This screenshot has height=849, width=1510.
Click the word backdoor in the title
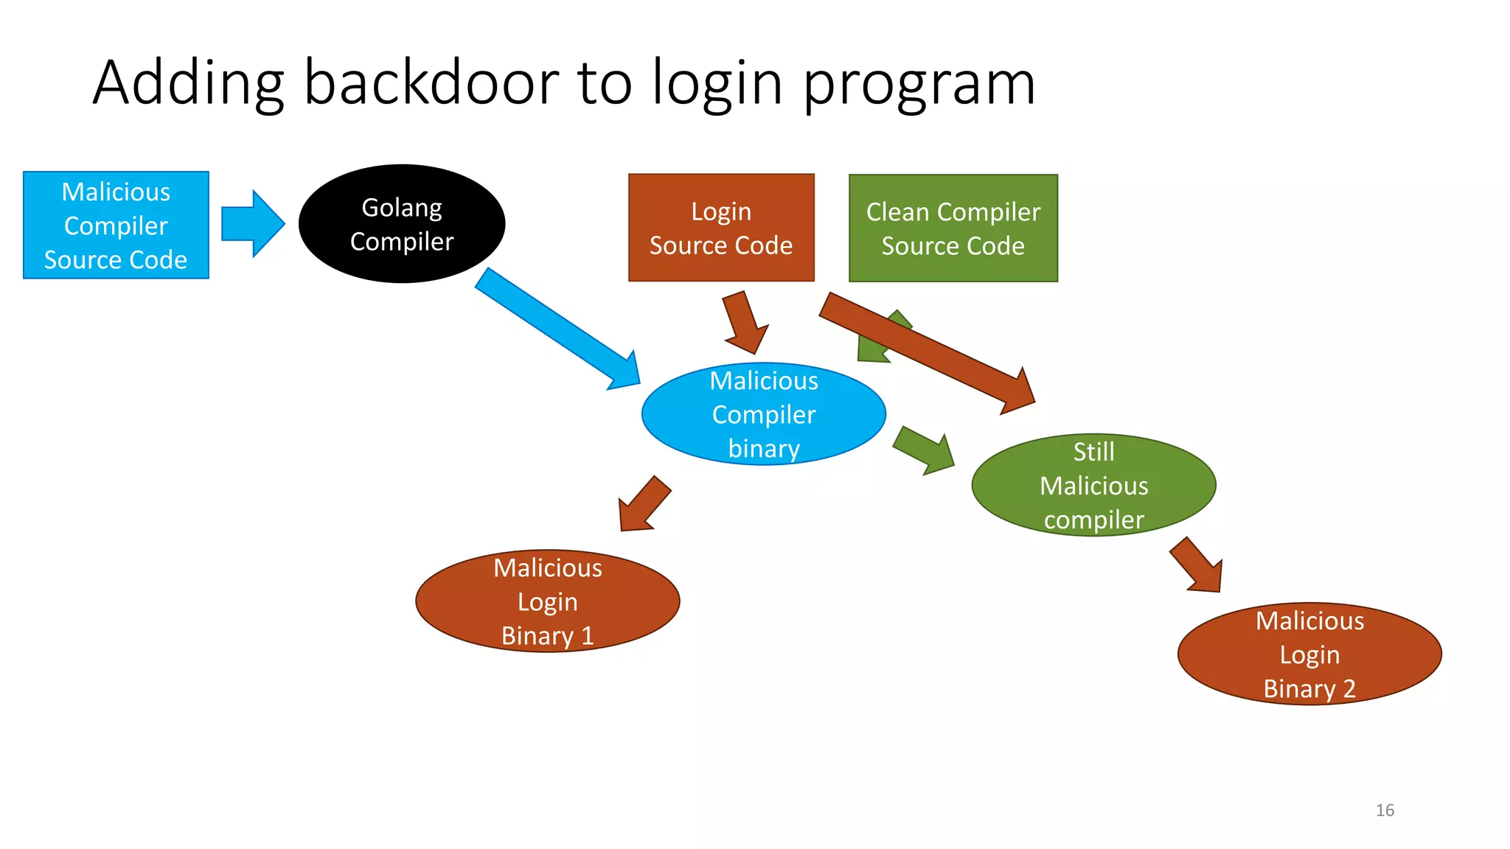(x=431, y=83)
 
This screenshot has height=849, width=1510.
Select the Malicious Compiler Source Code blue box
(x=116, y=226)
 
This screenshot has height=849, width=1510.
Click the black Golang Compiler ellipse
(x=402, y=224)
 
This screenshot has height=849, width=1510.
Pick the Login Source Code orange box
(x=720, y=228)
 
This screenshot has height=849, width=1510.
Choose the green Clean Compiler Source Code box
(x=953, y=228)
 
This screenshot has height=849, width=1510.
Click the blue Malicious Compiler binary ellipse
(x=763, y=414)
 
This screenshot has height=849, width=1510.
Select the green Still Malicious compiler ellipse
(x=1093, y=485)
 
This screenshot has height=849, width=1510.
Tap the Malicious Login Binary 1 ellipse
(x=547, y=601)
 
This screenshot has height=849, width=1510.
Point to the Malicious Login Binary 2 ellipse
(x=1309, y=654)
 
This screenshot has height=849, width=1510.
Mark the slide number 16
(x=1385, y=810)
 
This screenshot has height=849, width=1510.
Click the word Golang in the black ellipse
(x=401, y=209)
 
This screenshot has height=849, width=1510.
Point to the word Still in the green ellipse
(x=1093, y=452)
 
